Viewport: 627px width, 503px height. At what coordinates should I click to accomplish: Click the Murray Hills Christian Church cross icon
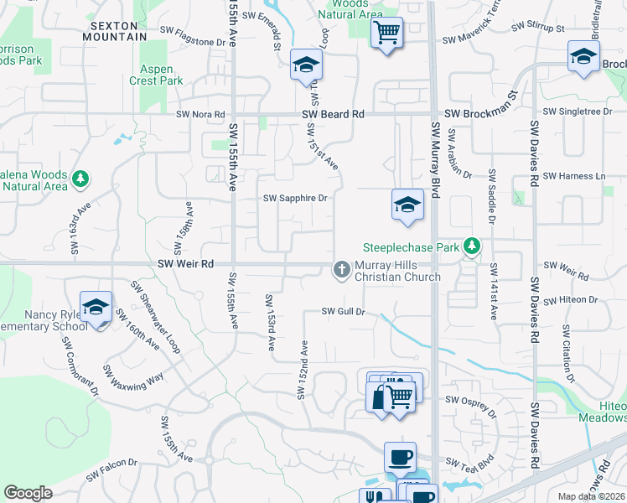tap(341, 269)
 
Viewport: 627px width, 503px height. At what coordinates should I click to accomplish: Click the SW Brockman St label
tap(482, 114)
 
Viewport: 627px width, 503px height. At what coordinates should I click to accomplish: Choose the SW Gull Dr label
tap(345, 312)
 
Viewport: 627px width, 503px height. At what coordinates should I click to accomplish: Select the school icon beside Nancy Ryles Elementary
tap(96, 307)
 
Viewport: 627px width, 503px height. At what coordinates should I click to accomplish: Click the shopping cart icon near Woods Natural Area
tap(386, 34)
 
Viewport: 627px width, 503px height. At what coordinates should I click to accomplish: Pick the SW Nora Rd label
tap(200, 114)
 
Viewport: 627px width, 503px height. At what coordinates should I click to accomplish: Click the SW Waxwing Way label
tap(133, 371)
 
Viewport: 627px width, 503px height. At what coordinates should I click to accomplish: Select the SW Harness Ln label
tap(574, 176)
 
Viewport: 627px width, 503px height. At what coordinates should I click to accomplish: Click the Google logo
tap(28, 492)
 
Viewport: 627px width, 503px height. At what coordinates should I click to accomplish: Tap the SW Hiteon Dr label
tap(570, 299)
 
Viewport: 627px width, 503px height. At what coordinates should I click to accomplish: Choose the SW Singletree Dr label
tap(578, 111)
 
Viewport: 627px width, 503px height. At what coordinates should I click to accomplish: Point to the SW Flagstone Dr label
tap(199, 41)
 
